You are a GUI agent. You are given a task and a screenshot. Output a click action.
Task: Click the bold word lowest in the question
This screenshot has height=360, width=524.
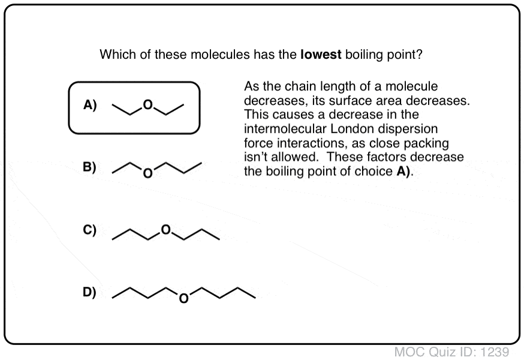[321, 54]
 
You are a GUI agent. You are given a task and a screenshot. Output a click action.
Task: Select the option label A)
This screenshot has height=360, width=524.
[90, 105]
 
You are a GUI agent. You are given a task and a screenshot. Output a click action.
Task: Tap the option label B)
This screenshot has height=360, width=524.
[89, 167]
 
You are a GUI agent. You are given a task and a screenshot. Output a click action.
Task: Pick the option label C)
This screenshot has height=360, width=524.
[89, 230]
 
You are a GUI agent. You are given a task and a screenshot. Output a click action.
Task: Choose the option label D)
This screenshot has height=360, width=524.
[89, 292]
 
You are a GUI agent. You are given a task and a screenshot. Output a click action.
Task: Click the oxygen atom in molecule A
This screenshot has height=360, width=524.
[147, 105]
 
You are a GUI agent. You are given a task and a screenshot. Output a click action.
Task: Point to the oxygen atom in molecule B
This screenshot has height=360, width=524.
[147, 173]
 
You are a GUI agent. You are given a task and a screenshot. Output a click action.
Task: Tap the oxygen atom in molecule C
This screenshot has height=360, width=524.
[165, 230]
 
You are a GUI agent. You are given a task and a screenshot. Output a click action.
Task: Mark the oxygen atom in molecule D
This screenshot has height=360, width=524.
[184, 298]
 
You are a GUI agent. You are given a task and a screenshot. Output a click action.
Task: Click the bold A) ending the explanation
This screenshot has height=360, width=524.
[403, 172]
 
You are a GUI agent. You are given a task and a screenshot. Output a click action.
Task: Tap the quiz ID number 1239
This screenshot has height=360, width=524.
[495, 352]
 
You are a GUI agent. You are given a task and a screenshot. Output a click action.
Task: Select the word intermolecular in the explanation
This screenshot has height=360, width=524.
[285, 129]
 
